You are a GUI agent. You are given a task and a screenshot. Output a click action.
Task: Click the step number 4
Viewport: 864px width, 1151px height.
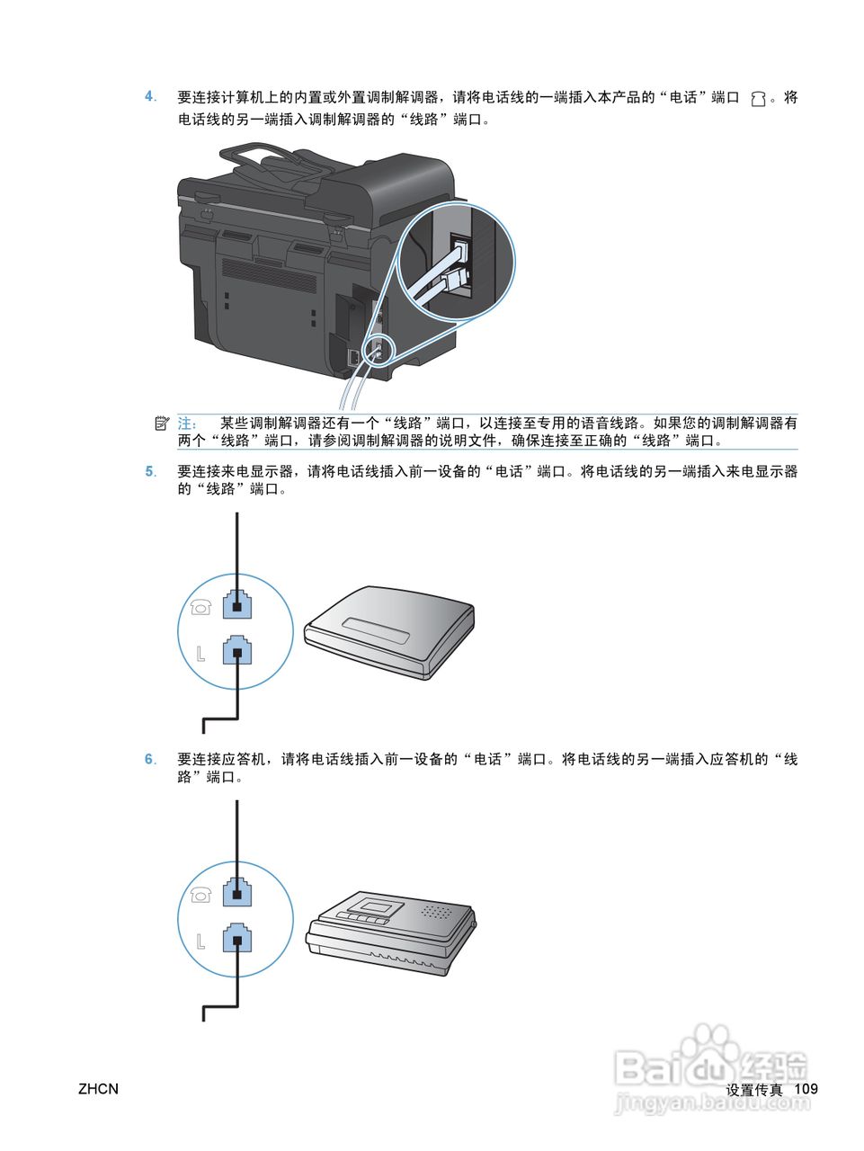tap(150, 97)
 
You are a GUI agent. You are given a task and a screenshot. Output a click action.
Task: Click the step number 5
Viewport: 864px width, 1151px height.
tap(150, 471)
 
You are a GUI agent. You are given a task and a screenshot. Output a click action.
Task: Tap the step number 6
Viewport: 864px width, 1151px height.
tap(150, 759)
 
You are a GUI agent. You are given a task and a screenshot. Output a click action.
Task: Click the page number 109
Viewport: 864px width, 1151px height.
tap(806, 1089)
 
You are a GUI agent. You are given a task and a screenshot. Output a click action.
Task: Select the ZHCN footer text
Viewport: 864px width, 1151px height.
tap(98, 1089)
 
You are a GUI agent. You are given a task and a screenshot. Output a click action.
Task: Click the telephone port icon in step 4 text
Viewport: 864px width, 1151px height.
tap(758, 99)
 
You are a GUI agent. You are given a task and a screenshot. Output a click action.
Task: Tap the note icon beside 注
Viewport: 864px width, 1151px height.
tap(162, 423)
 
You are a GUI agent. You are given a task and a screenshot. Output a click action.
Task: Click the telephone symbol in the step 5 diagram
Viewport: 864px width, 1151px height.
tap(200, 608)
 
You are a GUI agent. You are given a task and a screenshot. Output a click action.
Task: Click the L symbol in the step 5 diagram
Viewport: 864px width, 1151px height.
tap(200, 653)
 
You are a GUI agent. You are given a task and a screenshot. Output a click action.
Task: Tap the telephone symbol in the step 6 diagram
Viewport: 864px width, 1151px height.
tap(200, 895)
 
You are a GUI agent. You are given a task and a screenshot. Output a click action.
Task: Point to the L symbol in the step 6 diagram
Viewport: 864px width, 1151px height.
tap(200, 941)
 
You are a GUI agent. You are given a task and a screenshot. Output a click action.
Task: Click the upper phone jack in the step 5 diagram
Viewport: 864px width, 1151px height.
tap(236, 604)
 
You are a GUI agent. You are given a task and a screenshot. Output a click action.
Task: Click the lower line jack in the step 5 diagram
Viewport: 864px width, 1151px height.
tap(236, 650)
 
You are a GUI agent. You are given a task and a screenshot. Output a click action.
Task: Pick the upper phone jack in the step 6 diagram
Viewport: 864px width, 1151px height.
tap(236, 892)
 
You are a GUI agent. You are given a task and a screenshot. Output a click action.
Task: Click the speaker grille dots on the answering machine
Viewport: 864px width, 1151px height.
tap(436, 912)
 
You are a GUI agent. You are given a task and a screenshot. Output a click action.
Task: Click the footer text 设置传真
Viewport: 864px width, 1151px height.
tap(754, 1090)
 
